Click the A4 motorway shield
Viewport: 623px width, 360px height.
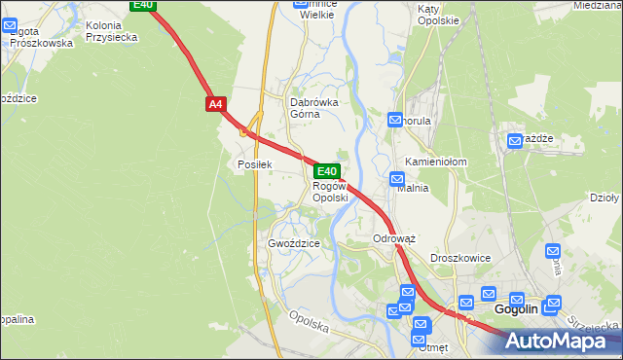(215, 102)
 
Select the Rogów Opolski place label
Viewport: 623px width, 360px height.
(330, 192)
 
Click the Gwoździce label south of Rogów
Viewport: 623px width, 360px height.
(294, 243)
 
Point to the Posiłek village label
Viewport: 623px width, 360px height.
(254, 164)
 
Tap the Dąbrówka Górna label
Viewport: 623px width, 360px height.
(312, 107)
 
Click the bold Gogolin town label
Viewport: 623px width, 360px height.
(516, 309)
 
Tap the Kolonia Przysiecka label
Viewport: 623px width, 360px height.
(111, 31)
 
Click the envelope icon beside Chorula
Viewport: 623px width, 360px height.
(395, 120)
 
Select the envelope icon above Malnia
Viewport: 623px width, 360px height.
(397, 178)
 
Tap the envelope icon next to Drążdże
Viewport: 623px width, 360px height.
(515, 141)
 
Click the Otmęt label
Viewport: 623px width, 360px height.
(429, 345)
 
